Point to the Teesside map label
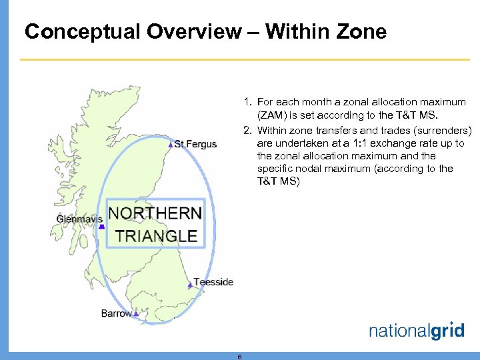pyautogui.click(x=213, y=282)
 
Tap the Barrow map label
pyautogui.click(x=116, y=313)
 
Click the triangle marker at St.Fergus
pyautogui.click(x=171, y=144)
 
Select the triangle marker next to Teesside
pyautogui.click(x=190, y=284)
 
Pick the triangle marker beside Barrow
pyautogui.click(x=136, y=313)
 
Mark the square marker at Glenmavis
pyautogui.click(x=101, y=227)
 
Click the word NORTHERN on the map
pyautogui.click(x=155, y=213)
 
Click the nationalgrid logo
pyautogui.click(x=416, y=331)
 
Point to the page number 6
pyautogui.click(x=239, y=357)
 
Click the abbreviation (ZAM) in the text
pyautogui.click(x=272, y=115)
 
